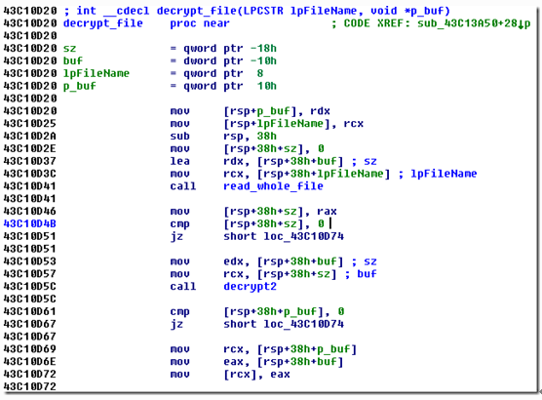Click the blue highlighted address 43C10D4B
(x=29, y=223)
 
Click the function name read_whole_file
(x=273, y=186)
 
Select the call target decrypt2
(x=250, y=287)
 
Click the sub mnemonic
(x=179, y=136)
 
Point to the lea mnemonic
(x=179, y=161)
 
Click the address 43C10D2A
(x=29, y=136)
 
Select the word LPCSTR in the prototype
(x=263, y=11)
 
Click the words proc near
(x=200, y=23)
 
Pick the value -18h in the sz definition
(x=263, y=49)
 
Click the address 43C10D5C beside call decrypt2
(x=29, y=287)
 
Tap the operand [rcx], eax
(x=256, y=375)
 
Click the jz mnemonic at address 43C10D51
(x=176, y=237)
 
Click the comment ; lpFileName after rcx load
(x=438, y=174)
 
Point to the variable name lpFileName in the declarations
(x=97, y=73)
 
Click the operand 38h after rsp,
(x=266, y=136)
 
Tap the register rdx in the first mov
(x=320, y=111)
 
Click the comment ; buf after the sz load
(x=361, y=274)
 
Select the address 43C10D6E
(x=29, y=362)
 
